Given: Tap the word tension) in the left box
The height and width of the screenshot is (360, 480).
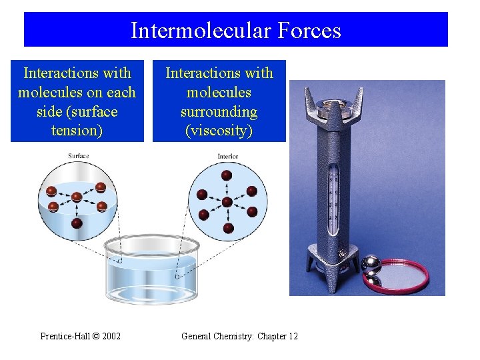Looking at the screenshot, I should [x=77, y=130].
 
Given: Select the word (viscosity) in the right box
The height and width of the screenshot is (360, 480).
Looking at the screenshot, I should [x=219, y=130].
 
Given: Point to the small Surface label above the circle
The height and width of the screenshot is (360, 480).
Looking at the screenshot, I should [x=78, y=156].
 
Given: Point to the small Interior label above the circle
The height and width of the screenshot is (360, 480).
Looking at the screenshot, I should [x=227, y=157].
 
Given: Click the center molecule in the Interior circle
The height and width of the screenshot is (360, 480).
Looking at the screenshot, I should [x=227, y=201].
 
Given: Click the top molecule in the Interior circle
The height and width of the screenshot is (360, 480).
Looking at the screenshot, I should [x=227, y=175].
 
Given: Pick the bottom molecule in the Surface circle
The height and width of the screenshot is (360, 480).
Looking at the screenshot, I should [x=77, y=223].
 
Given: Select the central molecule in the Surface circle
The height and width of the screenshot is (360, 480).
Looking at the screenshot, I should [x=77, y=197].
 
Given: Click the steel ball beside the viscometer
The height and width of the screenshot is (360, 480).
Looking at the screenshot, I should [x=370, y=265].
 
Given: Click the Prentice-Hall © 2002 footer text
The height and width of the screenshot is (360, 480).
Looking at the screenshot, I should [x=81, y=336].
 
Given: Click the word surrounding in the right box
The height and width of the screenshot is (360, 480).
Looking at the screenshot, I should [x=219, y=111].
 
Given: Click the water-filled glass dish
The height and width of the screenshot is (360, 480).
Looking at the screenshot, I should [x=153, y=270].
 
